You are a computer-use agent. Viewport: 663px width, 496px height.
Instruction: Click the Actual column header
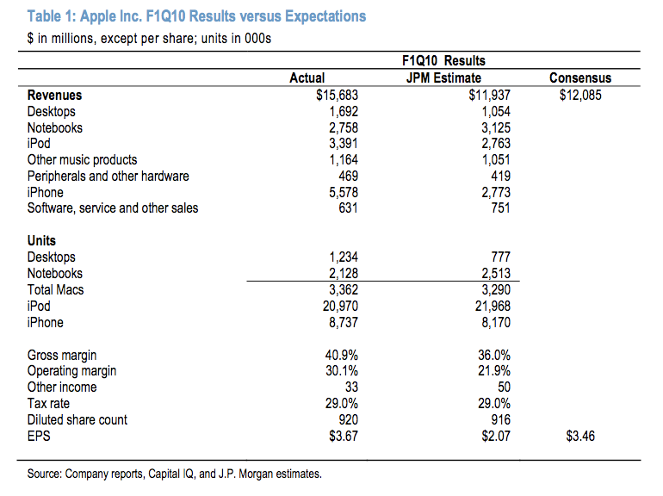(307, 77)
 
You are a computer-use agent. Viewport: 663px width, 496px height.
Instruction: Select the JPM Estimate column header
(443, 77)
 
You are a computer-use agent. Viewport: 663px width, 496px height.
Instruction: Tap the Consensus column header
(580, 77)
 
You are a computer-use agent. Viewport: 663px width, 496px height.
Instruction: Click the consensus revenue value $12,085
(580, 95)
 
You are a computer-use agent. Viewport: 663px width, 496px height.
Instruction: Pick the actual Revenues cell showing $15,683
(337, 95)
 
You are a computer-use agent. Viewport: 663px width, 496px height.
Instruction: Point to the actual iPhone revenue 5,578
(344, 192)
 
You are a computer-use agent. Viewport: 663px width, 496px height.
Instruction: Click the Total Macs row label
(55, 289)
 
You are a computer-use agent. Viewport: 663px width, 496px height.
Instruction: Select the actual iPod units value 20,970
(340, 306)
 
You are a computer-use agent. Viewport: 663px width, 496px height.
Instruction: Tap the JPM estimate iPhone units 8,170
(496, 322)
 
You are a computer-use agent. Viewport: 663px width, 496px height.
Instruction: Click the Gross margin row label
(62, 355)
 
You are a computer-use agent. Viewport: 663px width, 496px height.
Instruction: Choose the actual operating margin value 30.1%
(342, 371)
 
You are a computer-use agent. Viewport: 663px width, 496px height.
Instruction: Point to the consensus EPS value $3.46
(580, 436)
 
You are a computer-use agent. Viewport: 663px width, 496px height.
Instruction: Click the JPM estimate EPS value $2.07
(496, 436)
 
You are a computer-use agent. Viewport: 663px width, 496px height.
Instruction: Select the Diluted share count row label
(77, 419)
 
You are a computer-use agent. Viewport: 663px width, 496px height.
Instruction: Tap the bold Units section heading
(41, 240)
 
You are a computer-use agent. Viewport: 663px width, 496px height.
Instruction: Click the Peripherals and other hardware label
(108, 176)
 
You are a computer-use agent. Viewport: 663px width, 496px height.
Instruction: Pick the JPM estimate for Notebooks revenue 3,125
(496, 127)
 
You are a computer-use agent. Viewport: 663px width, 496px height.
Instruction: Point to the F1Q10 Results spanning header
(443, 60)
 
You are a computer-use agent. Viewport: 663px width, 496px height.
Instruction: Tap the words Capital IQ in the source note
(170, 474)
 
